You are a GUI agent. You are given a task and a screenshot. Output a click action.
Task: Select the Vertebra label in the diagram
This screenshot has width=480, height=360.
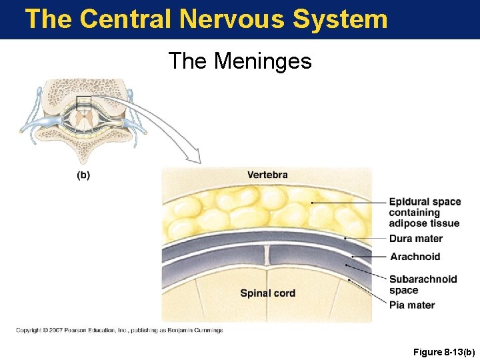[x=267, y=175]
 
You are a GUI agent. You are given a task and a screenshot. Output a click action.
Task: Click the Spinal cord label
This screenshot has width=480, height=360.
[x=267, y=293]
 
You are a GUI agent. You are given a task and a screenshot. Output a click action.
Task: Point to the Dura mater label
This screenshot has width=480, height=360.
[x=416, y=239]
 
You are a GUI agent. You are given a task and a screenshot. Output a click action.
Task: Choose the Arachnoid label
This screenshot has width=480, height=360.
[x=415, y=257]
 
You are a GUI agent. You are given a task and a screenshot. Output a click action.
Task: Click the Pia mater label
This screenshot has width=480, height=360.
[x=412, y=305]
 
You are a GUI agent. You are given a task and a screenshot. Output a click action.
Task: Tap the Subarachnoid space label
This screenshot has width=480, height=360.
[x=423, y=285]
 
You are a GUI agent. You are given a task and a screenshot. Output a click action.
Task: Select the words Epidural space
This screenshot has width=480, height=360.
[x=425, y=202]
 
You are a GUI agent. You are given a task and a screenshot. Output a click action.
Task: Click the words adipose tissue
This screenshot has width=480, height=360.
[x=424, y=223]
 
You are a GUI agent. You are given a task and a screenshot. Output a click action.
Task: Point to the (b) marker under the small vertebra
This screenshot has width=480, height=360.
[x=83, y=175]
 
